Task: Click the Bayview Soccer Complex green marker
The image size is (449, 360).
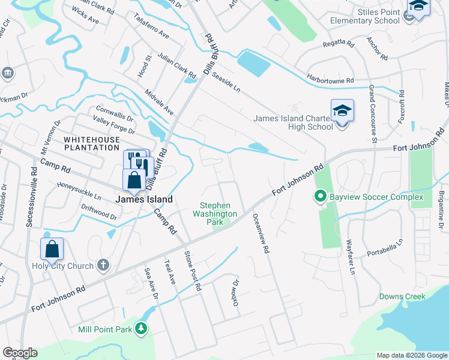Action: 320,196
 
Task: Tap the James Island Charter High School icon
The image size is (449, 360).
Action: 342,111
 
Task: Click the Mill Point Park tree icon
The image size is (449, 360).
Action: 140,328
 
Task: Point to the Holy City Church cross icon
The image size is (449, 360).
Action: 103,265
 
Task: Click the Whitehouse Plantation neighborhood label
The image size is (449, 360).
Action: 92,143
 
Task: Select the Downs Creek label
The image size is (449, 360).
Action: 402,296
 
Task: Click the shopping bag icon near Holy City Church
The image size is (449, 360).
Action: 52,249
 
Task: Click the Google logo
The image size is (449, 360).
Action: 20,353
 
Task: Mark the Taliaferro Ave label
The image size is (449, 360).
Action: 152,27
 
